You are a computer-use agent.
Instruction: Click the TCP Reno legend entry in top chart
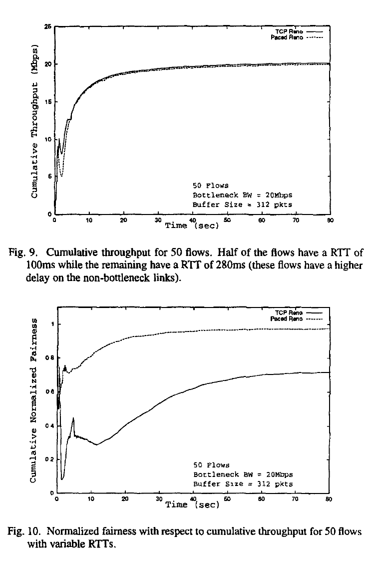(x=292, y=31)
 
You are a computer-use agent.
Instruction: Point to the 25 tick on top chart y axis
(x=48, y=26)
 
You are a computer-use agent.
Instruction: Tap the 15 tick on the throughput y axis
(x=48, y=101)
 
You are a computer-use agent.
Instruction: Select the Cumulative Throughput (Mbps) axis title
(x=34, y=120)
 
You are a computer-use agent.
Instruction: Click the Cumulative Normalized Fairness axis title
(x=34, y=400)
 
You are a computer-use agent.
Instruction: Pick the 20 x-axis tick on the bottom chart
(x=125, y=498)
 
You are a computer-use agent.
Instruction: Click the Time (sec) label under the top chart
(x=192, y=225)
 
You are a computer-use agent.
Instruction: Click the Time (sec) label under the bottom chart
(x=192, y=504)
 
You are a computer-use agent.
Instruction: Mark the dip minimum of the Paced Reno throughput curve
(x=61, y=176)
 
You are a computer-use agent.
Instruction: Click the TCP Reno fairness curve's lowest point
(x=62, y=479)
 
